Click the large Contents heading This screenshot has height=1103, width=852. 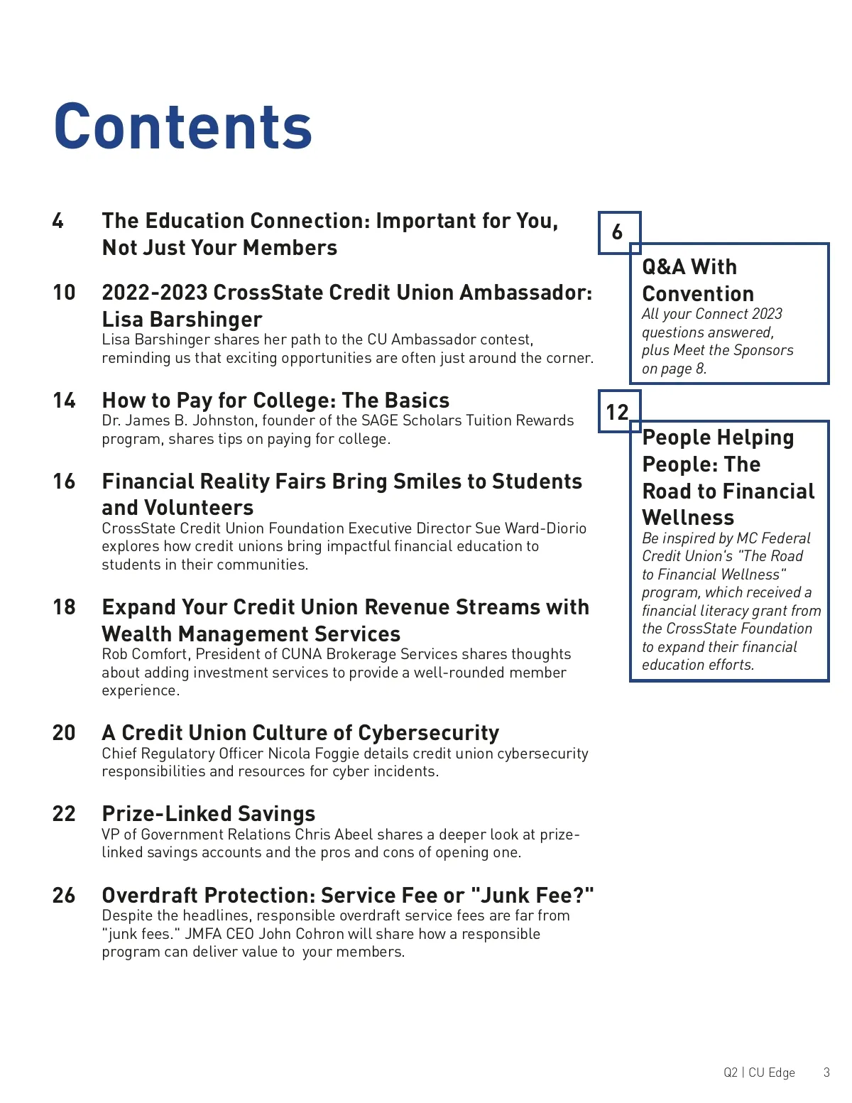[183, 126]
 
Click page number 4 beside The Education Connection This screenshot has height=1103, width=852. [58, 221]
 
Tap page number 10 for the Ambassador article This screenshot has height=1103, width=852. [64, 293]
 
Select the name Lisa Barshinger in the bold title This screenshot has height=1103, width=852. [182, 320]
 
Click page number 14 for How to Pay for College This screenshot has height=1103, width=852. [64, 401]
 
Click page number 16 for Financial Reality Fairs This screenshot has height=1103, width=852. [64, 482]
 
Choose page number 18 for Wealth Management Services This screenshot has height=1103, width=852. [64, 607]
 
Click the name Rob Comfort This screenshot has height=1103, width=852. [145, 654]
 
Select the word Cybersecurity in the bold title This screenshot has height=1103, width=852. [429, 733]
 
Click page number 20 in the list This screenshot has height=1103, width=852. [64, 733]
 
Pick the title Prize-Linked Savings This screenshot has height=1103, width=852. [209, 814]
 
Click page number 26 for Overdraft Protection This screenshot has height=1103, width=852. [64, 896]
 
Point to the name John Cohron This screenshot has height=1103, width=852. [304, 934]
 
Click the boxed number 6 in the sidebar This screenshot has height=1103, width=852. [618, 232]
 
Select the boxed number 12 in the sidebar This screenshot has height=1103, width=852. [618, 412]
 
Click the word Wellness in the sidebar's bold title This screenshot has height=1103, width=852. [688, 518]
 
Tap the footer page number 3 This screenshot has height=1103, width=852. [826, 1072]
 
